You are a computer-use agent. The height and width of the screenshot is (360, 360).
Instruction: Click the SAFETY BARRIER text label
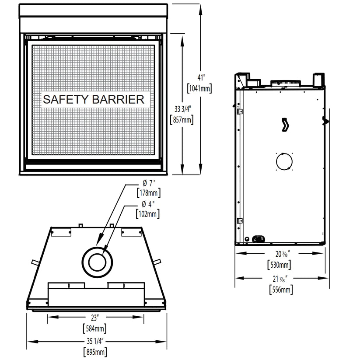coord(93,99)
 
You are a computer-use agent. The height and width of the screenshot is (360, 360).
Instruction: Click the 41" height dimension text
coord(201,77)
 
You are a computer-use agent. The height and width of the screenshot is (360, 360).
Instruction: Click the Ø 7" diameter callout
coord(147,182)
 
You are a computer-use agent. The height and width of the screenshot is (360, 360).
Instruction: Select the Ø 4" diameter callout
coord(147,203)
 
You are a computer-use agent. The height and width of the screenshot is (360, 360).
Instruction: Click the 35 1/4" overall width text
coord(96,342)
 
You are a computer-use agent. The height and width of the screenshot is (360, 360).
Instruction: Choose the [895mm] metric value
coord(96,352)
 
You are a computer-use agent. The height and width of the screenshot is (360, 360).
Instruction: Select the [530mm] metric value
coord(280,265)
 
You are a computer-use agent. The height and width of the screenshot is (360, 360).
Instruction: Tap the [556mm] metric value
coord(280,289)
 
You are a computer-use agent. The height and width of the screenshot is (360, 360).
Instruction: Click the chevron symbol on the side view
coord(285,125)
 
